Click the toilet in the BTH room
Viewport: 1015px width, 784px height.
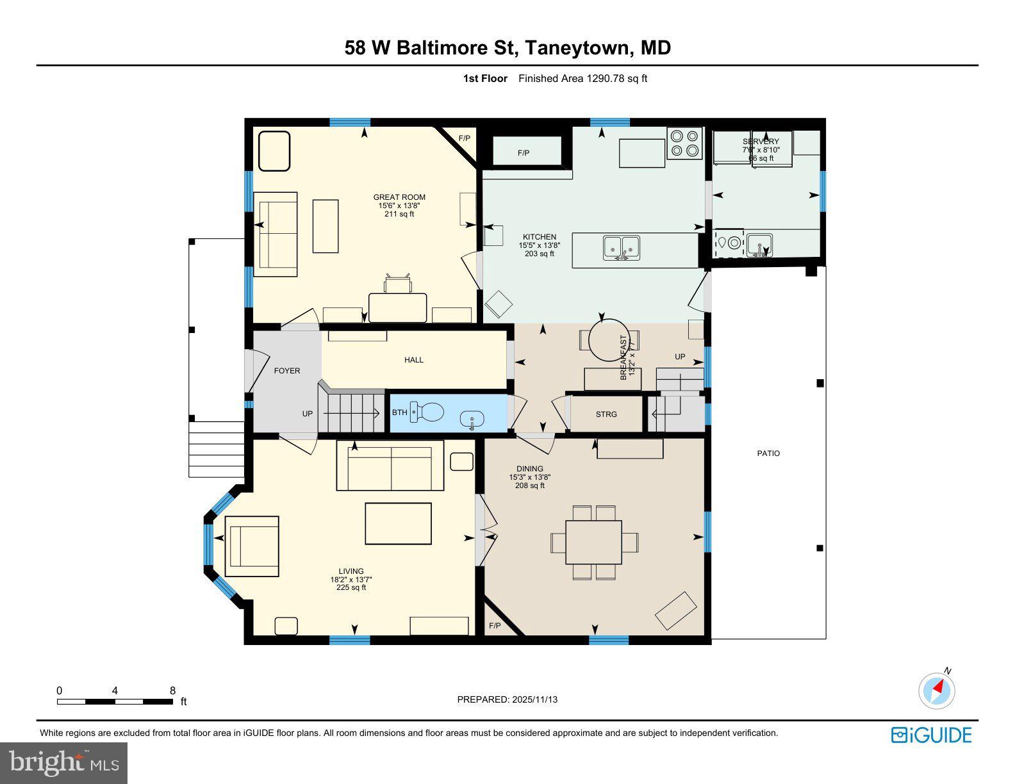tap(427, 412)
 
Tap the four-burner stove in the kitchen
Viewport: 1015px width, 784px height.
tap(684, 143)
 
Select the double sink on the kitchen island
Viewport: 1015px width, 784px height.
tap(621, 248)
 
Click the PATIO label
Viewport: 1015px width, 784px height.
tap(768, 453)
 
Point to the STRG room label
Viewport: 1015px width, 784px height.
tap(606, 414)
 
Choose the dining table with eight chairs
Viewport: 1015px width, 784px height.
tap(594, 542)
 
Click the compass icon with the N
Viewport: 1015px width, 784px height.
tap(937, 691)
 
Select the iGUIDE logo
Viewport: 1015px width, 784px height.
tap(931, 735)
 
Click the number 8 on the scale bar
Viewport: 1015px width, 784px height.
tap(172, 690)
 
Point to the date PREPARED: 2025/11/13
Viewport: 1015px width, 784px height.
tap(507, 699)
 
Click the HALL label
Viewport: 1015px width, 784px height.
tap(414, 360)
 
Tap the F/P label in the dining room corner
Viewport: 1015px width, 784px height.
tap(495, 626)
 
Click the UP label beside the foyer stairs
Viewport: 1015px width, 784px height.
tap(308, 414)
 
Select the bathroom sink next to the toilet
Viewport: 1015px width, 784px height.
tap(472, 420)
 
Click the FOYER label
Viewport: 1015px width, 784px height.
tap(287, 371)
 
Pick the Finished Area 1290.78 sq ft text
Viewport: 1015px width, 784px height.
tap(582, 79)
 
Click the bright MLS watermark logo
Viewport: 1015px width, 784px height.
tap(64, 763)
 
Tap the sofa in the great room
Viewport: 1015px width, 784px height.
tap(276, 234)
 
